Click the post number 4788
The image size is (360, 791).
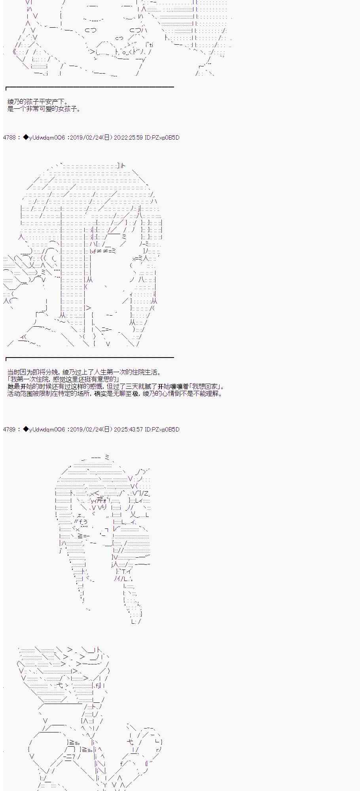tap(9, 138)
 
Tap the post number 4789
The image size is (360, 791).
tap(9, 429)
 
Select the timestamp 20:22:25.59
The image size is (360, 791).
tap(128, 138)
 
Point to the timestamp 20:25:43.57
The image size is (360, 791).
tap(128, 429)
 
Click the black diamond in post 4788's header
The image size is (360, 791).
tap(26, 138)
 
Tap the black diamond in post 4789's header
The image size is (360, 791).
tap(26, 429)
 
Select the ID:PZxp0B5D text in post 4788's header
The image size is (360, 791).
tap(162, 138)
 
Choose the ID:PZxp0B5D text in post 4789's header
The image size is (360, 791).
tap(162, 429)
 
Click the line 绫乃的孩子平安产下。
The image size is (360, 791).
tap(38, 102)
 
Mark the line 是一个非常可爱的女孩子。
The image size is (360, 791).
tap(44, 109)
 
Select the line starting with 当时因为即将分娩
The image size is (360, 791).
tap(85, 372)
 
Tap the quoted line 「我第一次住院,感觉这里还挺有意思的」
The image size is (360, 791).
tap(64, 379)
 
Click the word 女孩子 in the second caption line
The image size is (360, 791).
tap(68, 109)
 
